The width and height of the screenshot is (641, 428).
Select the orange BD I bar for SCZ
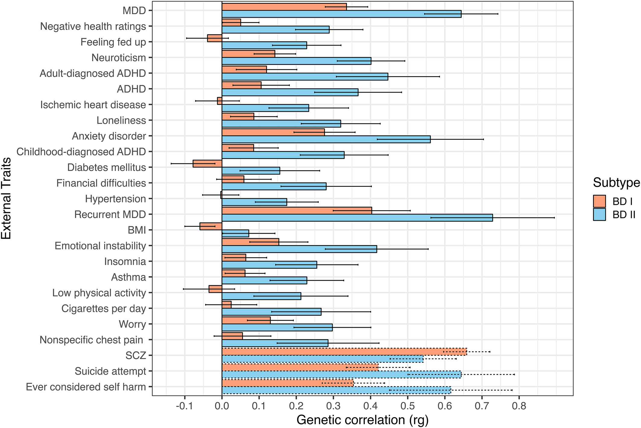click(344, 351)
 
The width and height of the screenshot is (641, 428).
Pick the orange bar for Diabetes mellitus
click(207, 164)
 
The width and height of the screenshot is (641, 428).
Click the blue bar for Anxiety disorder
click(326, 139)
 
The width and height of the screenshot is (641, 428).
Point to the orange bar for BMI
click(211, 226)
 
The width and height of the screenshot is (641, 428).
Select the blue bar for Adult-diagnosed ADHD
click(305, 77)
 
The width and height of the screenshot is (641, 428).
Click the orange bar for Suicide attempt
click(300, 367)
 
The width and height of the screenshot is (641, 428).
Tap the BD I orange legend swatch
click(599, 201)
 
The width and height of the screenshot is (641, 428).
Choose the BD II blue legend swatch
click(599, 215)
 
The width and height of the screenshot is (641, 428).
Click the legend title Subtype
click(616, 183)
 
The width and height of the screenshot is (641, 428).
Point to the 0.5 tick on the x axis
click(407, 406)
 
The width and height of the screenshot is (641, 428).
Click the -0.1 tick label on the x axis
click(185, 406)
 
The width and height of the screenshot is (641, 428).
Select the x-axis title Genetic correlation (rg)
click(362, 420)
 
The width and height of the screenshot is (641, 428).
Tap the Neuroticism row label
click(118, 58)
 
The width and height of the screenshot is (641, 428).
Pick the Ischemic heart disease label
click(93, 105)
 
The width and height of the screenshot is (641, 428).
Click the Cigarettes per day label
click(103, 308)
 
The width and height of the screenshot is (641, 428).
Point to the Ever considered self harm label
click(86, 387)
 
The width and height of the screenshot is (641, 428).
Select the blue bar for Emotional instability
click(299, 249)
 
